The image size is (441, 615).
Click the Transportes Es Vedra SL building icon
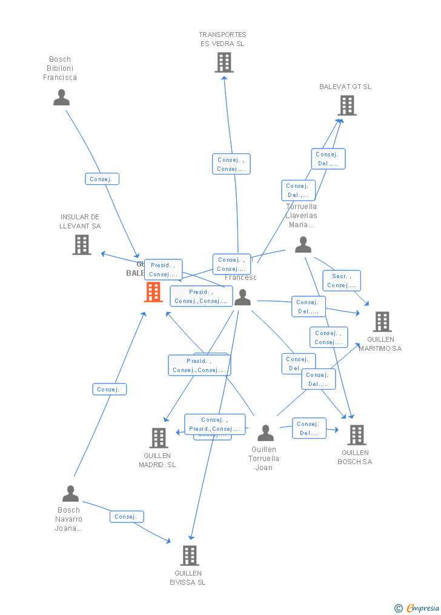point(224,62)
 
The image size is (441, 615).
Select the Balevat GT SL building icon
point(346,105)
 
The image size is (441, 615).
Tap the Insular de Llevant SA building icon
point(82,245)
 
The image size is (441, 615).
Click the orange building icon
point(153,292)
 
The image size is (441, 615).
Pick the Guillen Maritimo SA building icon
point(382,322)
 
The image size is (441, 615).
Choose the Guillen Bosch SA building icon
point(356,434)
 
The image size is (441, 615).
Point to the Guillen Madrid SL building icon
point(159,437)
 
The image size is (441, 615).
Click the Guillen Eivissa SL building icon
point(190,555)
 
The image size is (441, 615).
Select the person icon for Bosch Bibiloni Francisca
point(61,98)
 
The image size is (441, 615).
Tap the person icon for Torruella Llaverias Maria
point(303,245)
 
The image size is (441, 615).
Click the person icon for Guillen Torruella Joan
point(265,433)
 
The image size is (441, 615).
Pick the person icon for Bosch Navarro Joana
point(71,494)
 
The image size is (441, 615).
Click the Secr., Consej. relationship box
point(342,281)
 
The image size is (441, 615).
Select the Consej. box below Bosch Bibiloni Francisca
point(102,179)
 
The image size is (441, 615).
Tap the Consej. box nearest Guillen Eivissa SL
point(127,516)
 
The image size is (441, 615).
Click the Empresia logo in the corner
point(417,608)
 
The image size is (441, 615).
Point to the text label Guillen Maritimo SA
point(380,344)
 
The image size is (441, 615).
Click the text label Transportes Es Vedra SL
point(223,39)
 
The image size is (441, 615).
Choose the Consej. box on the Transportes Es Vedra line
point(231,164)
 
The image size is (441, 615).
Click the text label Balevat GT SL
point(345,87)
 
